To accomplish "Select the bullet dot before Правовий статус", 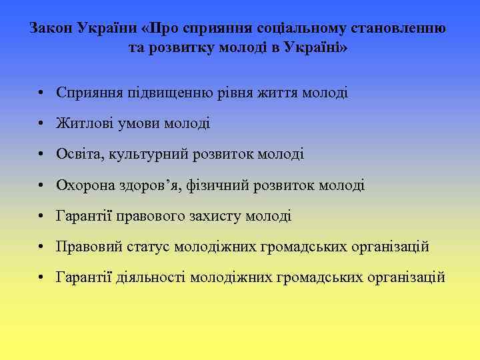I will (42, 247).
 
